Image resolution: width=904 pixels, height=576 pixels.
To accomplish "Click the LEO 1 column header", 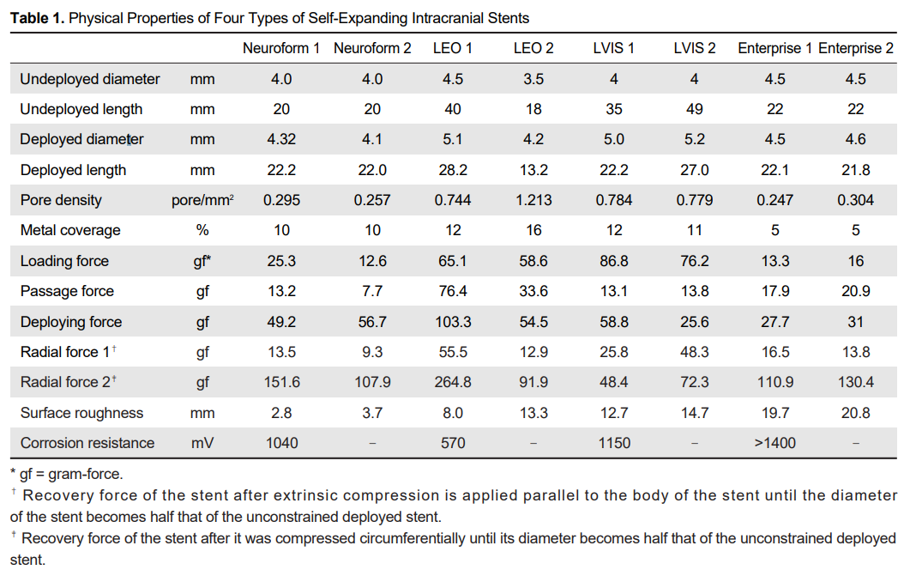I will (x=453, y=48).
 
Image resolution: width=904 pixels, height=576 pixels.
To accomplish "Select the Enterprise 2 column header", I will (x=855, y=48).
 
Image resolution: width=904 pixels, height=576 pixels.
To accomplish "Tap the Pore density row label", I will (x=61, y=200).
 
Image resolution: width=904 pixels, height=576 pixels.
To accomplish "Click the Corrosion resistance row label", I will (x=87, y=443).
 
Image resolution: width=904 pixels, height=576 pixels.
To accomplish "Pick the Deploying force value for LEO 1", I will (x=453, y=322).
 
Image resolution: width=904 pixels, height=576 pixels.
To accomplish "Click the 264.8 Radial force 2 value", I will (x=453, y=382).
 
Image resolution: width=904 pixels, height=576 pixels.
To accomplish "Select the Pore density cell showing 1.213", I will (x=533, y=200).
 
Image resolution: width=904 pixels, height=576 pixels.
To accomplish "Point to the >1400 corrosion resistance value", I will (x=774, y=443).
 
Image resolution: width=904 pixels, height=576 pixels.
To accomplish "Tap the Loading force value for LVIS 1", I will (x=614, y=261).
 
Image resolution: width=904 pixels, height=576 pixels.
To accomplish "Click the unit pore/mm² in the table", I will (x=202, y=200).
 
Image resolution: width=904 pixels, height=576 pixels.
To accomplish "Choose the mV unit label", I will (x=202, y=443).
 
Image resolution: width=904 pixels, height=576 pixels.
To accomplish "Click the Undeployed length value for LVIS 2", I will (x=694, y=109).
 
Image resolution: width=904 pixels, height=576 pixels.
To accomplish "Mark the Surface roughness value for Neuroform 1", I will (x=281, y=413).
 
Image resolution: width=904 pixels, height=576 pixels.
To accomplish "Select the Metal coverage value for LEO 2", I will (x=533, y=230).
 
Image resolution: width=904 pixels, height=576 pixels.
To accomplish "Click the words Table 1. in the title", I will (x=37, y=18).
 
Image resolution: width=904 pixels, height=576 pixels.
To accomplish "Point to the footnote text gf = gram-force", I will (x=68, y=473).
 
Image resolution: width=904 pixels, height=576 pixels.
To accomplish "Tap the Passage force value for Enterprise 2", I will (x=855, y=291).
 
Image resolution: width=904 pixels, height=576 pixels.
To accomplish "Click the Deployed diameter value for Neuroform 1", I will (x=281, y=139).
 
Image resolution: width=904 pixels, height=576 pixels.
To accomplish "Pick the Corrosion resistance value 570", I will (x=453, y=443).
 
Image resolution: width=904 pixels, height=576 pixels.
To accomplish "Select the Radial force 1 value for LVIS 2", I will (x=694, y=352).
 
